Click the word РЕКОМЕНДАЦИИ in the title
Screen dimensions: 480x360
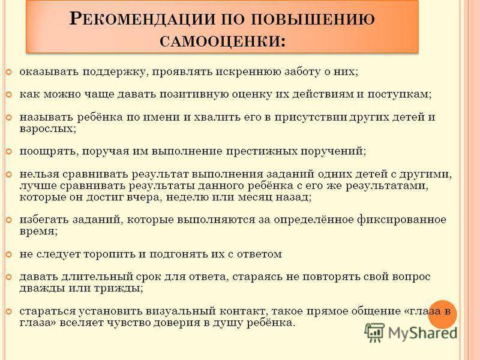tap(142, 19)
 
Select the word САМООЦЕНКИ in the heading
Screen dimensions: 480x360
tap(220, 41)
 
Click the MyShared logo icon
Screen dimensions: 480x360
tap(374, 332)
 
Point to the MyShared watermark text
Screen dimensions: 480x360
tap(422, 333)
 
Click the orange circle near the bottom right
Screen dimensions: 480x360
tap(442, 314)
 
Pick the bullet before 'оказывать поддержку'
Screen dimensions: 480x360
tap(9, 73)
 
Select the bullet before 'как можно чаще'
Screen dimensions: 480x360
tap(9, 95)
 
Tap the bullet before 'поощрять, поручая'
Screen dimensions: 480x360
tap(9, 152)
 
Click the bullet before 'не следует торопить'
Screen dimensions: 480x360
tap(9, 254)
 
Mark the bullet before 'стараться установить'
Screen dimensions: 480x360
tap(9, 311)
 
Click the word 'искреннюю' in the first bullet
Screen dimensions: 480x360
tap(248, 72)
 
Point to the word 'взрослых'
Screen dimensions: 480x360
tap(47, 129)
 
